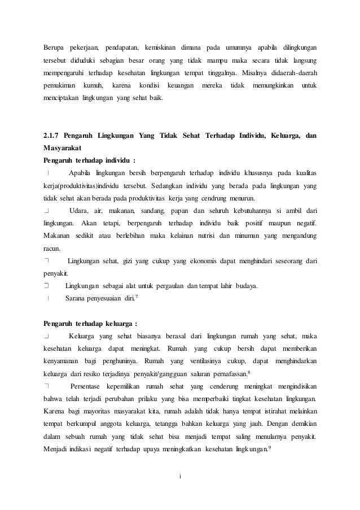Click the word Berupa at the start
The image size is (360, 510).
[x=55, y=45]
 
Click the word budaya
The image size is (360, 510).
[x=247, y=286]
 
